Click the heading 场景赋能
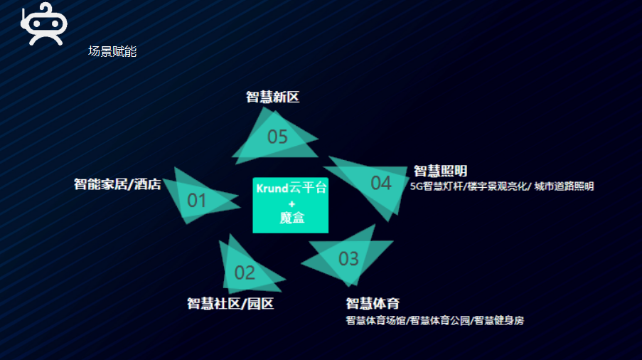(x=112, y=51)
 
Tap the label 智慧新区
(x=273, y=97)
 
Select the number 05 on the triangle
(x=277, y=137)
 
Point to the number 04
(x=381, y=183)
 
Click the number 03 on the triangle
(x=348, y=258)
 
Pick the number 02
(x=245, y=272)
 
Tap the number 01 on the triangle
(x=197, y=201)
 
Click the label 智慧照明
(x=440, y=171)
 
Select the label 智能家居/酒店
(x=117, y=185)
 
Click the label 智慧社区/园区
(x=230, y=304)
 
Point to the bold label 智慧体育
(x=373, y=304)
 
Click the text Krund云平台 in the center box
(x=291, y=189)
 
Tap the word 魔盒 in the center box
(x=291, y=218)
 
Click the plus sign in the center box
(x=291, y=203)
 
